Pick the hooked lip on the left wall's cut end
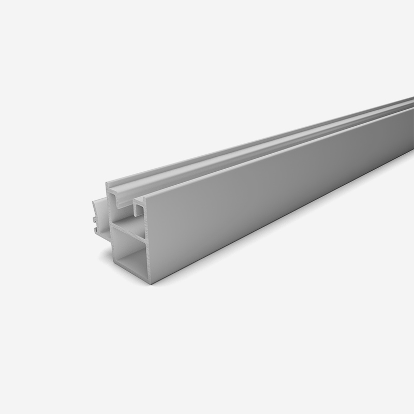click(111, 186)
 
